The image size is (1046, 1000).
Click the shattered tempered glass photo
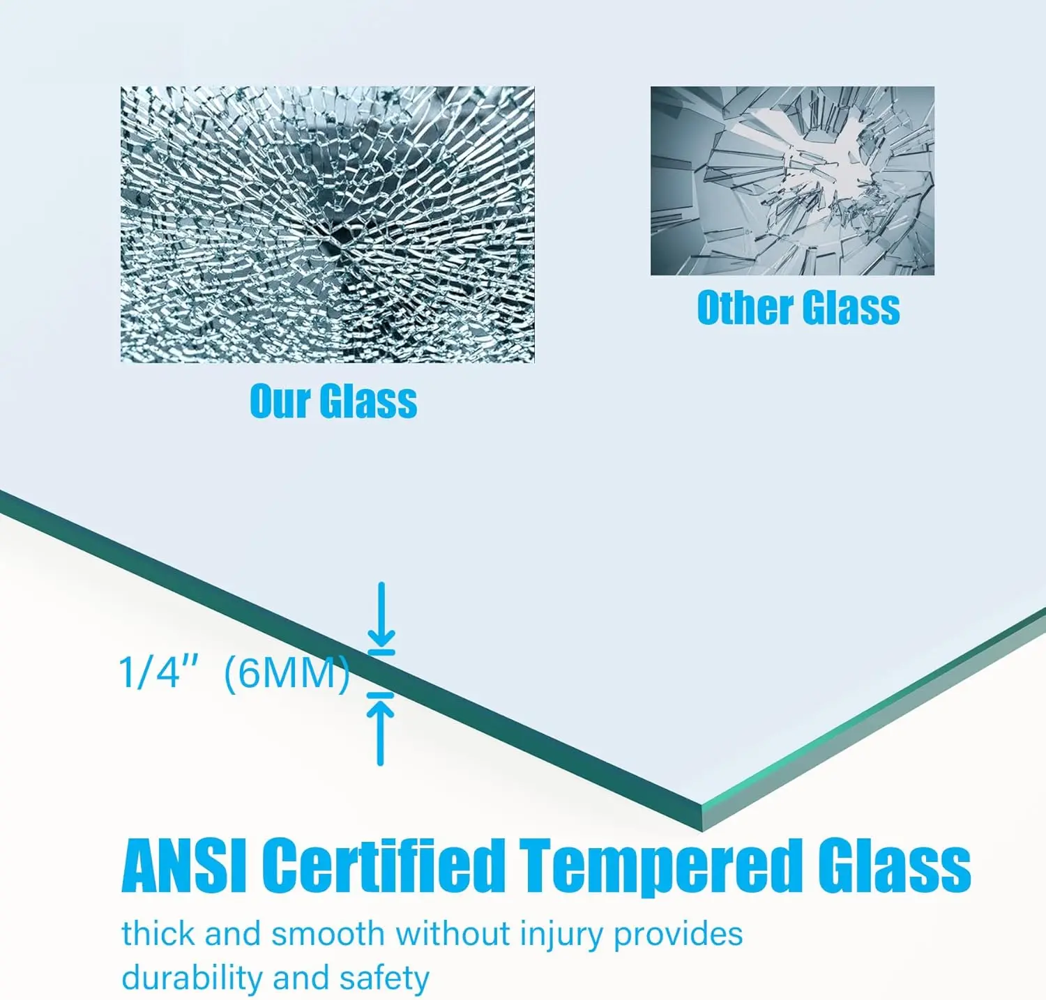coord(327,224)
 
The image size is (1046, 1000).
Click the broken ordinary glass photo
coord(792,180)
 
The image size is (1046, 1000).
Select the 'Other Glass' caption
coord(798,307)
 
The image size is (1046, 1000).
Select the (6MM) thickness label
coord(287,675)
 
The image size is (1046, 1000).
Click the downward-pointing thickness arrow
coord(381,615)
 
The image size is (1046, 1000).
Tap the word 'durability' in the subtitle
coord(194,978)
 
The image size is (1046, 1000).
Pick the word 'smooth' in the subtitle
coord(328,934)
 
